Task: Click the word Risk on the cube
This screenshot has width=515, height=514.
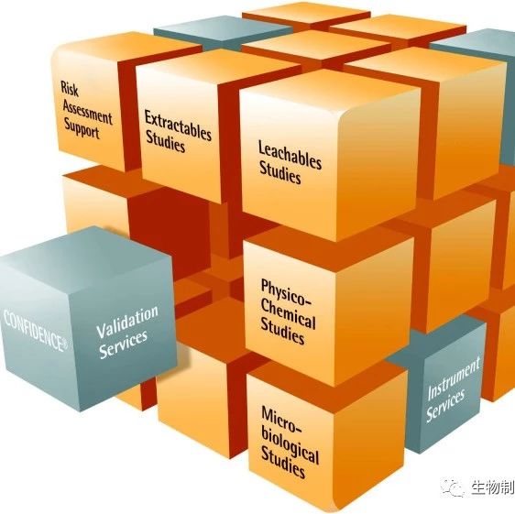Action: [70, 89]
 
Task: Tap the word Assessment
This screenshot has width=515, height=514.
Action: [87, 112]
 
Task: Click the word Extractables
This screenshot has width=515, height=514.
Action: [178, 126]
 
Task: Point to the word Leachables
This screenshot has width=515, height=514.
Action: [290, 155]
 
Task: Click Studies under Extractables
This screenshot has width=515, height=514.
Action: [165, 141]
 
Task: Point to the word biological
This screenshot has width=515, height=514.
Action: [290, 444]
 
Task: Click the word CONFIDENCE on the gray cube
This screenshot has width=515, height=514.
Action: [33, 330]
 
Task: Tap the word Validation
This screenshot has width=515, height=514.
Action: [127, 323]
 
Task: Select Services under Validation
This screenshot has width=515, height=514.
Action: [123, 344]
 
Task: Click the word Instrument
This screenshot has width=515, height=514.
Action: [454, 378]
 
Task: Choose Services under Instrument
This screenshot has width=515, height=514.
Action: [445, 406]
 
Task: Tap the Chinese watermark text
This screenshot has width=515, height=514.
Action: [493, 487]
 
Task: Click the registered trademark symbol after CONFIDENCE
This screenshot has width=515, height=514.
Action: [65, 344]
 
